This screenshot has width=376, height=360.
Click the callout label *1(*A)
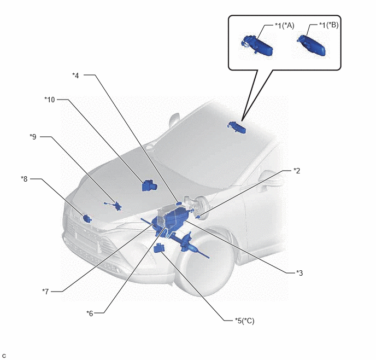click(284, 25)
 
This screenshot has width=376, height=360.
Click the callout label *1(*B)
click(328, 25)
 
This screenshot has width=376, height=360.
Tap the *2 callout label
click(297, 171)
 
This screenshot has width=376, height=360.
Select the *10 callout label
click(50, 100)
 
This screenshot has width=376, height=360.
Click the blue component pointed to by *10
click(149, 185)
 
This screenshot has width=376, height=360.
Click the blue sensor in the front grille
click(86, 218)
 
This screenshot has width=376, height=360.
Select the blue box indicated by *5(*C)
click(159, 247)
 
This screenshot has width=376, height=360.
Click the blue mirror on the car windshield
click(237, 127)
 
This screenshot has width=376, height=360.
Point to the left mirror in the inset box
click(257, 45)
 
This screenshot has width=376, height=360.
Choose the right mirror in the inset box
click(312, 45)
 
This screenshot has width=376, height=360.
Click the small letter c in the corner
click(4, 356)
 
